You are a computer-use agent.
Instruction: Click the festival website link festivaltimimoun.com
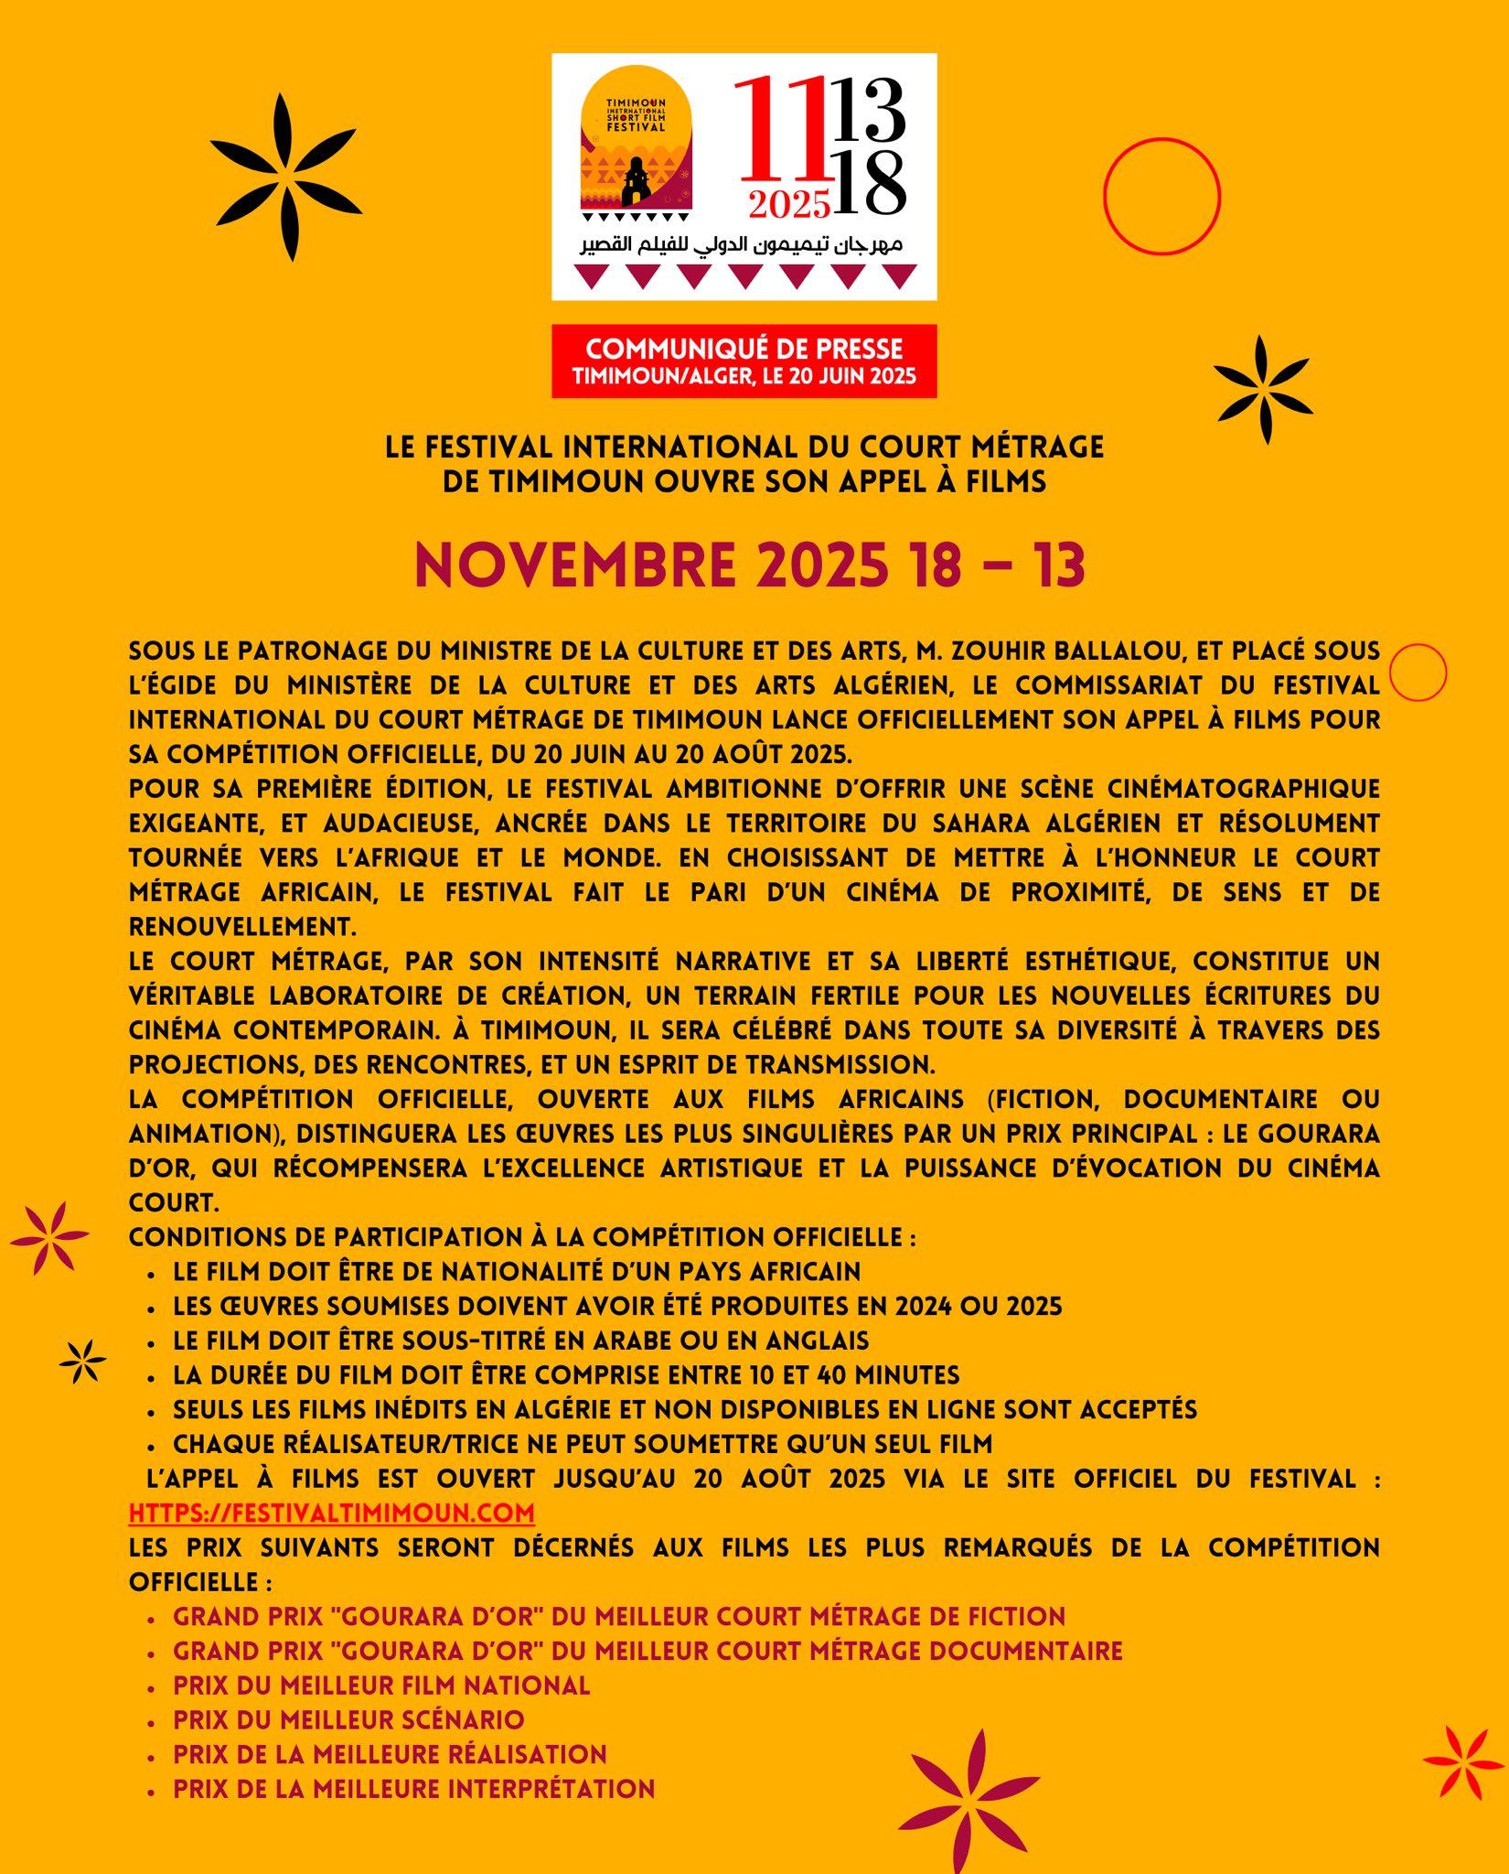point(331,1513)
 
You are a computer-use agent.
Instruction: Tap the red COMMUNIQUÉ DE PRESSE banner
point(744,361)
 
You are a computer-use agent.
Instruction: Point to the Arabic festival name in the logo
point(741,244)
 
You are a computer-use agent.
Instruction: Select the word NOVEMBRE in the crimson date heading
point(575,565)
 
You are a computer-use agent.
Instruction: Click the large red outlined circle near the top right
point(1161,196)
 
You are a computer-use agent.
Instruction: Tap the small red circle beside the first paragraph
point(1418,673)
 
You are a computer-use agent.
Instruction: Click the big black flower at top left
point(285,177)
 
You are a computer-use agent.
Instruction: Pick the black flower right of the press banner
point(1263,389)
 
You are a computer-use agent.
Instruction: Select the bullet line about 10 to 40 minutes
point(566,1375)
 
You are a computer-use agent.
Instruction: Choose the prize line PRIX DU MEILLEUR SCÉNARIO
point(348,1720)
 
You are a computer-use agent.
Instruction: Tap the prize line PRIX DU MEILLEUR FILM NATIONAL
point(381,1686)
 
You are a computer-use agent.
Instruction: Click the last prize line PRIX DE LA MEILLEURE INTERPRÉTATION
point(413,1789)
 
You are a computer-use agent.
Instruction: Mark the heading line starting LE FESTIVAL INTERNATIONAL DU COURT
point(744,447)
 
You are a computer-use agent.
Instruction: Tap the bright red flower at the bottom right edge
point(1465,1762)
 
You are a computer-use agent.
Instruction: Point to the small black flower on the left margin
point(82,1361)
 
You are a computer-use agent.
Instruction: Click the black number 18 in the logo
point(869,184)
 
